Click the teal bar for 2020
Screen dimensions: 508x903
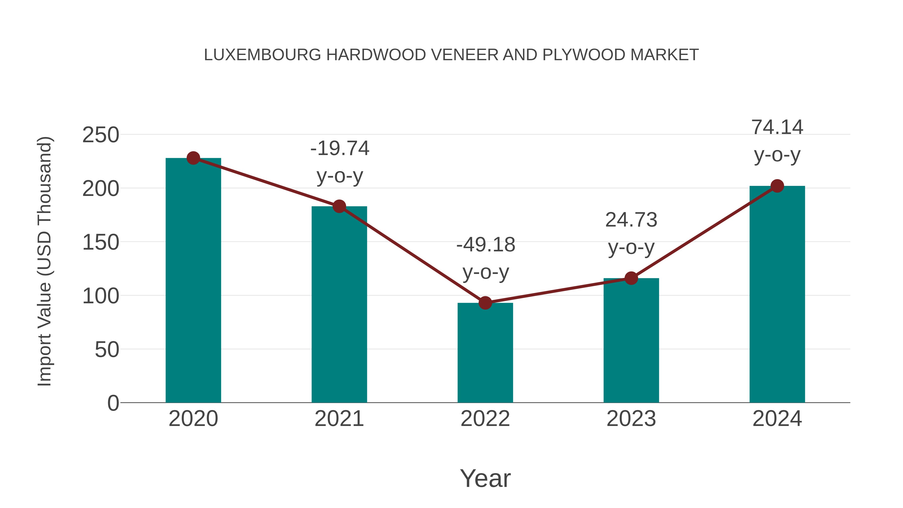(x=193, y=280)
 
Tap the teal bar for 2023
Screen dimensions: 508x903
(x=631, y=340)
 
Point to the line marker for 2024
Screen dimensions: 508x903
(x=777, y=186)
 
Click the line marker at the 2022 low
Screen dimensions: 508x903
(x=485, y=303)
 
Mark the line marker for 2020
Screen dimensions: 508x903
(x=193, y=158)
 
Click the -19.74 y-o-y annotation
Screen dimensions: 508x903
(x=340, y=162)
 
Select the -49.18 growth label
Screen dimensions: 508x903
(x=486, y=258)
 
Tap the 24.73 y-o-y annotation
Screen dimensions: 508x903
(x=631, y=234)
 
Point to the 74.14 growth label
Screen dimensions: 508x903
(x=777, y=141)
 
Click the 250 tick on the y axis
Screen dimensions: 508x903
(x=101, y=135)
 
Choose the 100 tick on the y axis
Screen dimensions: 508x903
(x=101, y=296)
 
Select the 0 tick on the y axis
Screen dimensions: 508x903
(x=113, y=403)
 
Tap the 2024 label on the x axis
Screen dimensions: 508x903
(x=777, y=419)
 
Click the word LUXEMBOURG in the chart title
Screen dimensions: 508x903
(x=262, y=55)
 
